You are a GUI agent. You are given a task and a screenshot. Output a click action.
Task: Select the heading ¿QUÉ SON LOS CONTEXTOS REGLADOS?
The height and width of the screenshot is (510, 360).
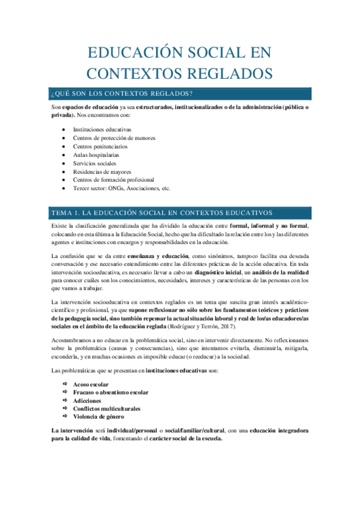(x=122, y=93)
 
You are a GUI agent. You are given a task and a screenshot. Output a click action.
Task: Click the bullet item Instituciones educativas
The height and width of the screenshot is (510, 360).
(x=102, y=129)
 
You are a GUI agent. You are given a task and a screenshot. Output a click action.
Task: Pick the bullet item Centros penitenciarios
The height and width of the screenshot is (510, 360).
(x=100, y=146)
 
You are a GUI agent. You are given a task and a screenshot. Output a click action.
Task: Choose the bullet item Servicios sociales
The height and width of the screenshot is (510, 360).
(x=94, y=163)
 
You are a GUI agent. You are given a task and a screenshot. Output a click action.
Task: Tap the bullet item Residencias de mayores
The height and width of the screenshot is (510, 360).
(x=101, y=171)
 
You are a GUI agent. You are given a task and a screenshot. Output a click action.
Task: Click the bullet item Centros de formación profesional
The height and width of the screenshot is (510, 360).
(x=113, y=180)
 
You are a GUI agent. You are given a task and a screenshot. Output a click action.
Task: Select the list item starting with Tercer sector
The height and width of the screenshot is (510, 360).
(x=121, y=188)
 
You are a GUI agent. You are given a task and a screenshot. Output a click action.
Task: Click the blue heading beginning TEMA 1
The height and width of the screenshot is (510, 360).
(x=162, y=213)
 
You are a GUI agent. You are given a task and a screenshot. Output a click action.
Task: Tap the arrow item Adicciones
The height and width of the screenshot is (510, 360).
(x=87, y=401)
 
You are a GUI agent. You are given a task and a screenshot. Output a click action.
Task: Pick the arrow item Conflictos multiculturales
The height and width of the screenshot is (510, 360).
(x=106, y=408)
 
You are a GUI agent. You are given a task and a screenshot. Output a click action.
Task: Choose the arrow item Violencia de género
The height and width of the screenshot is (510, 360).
(x=99, y=417)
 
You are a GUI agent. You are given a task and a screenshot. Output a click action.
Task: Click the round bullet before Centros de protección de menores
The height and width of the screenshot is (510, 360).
(x=64, y=138)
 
